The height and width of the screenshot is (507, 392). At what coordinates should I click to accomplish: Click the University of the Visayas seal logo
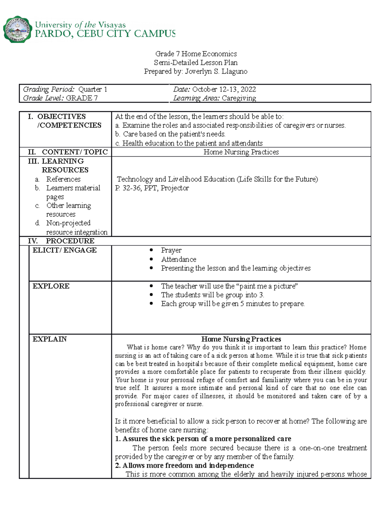(18, 29)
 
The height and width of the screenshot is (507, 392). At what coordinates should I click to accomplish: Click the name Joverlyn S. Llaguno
(216, 71)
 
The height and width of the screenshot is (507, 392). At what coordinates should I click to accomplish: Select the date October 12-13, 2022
(224, 89)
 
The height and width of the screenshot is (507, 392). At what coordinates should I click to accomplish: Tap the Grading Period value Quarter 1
(92, 89)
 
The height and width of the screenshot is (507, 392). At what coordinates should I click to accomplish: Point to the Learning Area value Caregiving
(238, 98)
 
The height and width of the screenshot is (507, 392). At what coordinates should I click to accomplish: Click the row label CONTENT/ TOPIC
(74, 152)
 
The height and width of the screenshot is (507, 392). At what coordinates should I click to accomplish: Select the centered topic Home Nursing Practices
(241, 152)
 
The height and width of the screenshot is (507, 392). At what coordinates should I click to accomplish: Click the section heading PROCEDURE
(70, 241)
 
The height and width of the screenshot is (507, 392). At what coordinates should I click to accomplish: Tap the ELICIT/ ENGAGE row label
(64, 250)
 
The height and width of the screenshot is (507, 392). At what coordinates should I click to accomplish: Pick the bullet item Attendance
(178, 260)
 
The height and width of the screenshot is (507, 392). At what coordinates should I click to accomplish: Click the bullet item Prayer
(171, 250)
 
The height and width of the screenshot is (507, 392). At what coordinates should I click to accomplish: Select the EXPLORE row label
(51, 286)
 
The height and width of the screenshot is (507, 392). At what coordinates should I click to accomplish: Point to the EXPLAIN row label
(50, 339)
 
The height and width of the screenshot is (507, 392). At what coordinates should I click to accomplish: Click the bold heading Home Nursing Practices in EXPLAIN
(241, 339)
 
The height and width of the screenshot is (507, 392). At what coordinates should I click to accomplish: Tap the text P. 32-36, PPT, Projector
(152, 188)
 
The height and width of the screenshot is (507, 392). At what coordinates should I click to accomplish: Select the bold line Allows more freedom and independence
(188, 466)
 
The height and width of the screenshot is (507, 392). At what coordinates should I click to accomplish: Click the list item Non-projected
(68, 223)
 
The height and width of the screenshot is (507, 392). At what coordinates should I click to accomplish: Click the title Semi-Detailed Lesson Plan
(196, 63)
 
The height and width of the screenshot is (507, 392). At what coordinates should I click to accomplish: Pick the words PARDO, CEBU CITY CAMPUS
(105, 34)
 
